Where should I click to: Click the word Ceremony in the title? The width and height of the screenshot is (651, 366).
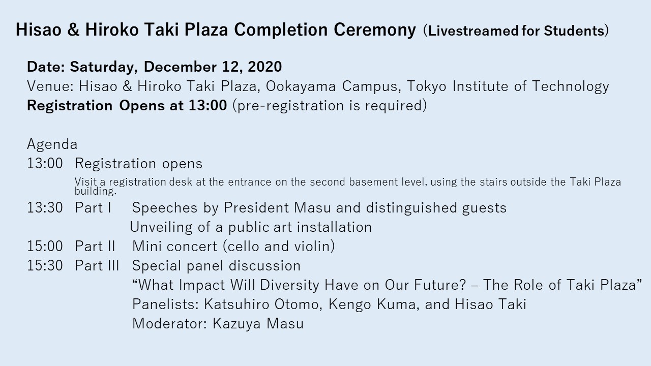[x=375, y=30]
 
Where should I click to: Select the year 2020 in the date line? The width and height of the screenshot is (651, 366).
[x=265, y=67]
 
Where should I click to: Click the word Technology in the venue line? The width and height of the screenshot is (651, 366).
[x=571, y=86]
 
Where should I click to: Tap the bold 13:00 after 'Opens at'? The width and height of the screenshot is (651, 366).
[x=208, y=105]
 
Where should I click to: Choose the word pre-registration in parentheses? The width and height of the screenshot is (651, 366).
[x=290, y=105]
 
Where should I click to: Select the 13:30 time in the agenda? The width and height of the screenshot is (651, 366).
[x=45, y=208]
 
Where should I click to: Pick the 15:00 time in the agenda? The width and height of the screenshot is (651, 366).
[x=45, y=247]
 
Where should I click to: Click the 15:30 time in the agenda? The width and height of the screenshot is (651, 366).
[x=45, y=265]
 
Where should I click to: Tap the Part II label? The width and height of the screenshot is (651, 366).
[x=95, y=247]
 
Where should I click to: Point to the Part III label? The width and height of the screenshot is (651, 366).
[x=97, y=265]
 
